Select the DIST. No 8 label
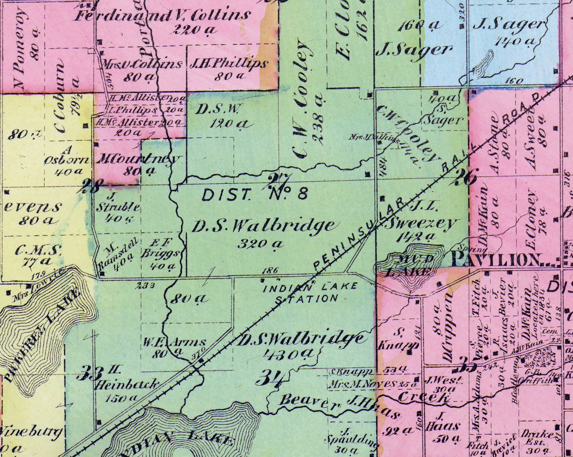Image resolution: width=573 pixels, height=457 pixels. pos(255,194)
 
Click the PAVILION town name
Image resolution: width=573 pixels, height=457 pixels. pos(496,259)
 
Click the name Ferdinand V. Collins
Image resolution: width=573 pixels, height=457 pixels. pos(163,16)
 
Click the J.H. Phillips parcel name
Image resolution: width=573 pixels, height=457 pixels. pos(228,63)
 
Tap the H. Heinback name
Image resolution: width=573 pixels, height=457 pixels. pos(125,383)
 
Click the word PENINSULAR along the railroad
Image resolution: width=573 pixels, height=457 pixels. pos(359,234)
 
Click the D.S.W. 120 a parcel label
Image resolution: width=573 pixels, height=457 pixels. pos(222,116)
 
